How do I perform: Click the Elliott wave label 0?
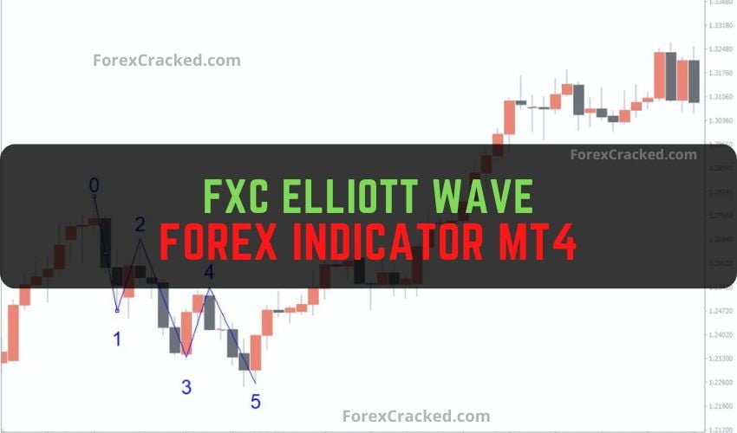(x=95, y=184)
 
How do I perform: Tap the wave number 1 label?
(x=117, y=339)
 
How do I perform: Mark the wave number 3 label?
(x=186, y=387)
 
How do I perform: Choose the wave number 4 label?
(x=209, y=273)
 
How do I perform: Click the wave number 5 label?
(x=255, y=401)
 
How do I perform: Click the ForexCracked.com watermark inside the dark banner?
(x=633, y=155)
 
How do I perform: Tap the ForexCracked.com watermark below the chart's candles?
(x=416, y=417)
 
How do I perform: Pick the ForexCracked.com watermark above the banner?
(x=166, y=61)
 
